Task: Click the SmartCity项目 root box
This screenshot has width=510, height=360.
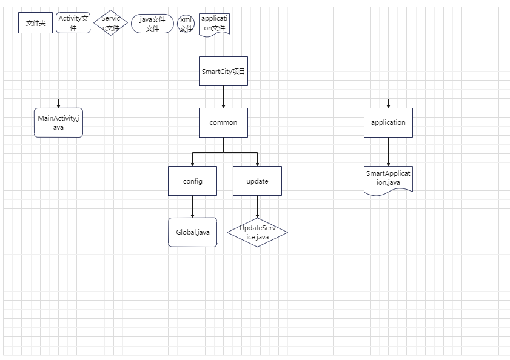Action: coord(223,72)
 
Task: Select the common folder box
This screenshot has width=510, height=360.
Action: coord(223,122)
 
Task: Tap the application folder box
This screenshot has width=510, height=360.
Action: coord(388,122)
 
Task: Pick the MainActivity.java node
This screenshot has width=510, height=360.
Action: coord(59,122)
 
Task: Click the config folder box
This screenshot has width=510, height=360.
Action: coord(193,181)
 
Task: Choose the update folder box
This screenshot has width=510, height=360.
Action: coord(257,181)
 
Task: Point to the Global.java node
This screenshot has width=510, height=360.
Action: coord(193,232)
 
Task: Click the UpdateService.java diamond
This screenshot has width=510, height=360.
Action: coord(257,232)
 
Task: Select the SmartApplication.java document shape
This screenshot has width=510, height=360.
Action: coord(388,181)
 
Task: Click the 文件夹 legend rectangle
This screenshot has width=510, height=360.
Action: coord(35,23)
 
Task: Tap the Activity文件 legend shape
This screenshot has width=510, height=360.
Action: coord(73,23)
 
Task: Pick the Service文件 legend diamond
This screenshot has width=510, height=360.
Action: coord(110,23)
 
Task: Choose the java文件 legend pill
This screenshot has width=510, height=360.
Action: coord(153,24)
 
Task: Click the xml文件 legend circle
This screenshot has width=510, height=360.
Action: coord(186,24)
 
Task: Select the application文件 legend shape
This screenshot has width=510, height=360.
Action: coord(214,24)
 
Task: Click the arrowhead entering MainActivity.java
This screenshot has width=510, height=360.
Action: coord(59,106)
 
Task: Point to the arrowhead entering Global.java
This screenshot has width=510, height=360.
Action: coord(193,216)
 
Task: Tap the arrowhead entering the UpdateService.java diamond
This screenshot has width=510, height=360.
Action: coord(257,216)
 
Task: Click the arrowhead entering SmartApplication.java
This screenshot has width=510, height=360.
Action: coord(388,164)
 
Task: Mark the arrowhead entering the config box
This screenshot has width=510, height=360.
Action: coord(193,164)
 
